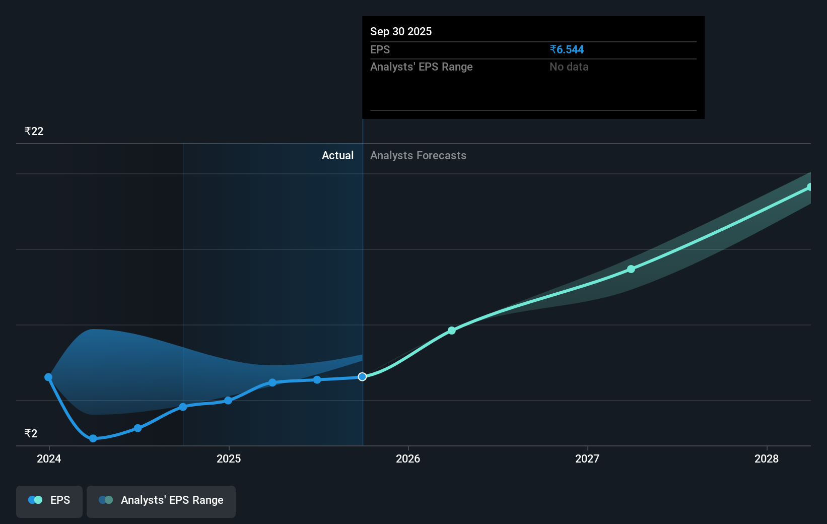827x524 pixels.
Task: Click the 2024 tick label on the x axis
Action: tap(49, 458)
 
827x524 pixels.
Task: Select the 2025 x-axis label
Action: tap(229, 458)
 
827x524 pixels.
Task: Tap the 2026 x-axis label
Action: tap(408, 458)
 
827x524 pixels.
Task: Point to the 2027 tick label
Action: tap(587, 458)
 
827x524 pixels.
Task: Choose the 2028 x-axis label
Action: tap(767, 458)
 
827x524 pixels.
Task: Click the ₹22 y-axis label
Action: tap(34, 132)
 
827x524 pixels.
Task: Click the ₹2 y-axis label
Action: tap(31, 434)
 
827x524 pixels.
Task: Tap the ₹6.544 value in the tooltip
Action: tap(567, 49)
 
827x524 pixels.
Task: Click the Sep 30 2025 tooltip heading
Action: tap(401, 31)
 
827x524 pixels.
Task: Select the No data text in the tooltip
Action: tap(569, 67)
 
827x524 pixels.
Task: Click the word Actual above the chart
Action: tap(337, 155)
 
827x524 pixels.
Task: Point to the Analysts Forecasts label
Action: tap(418, 155)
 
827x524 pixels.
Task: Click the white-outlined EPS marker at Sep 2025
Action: tap(362, 377)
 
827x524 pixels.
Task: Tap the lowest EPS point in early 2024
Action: tap(93, 438)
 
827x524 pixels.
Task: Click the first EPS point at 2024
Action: tap(48, 377)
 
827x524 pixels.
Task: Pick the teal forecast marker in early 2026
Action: tap(452, 331)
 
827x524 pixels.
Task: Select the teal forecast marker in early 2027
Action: tap(631, 269)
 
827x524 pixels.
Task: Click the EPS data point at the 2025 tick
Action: tap(228, 401)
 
